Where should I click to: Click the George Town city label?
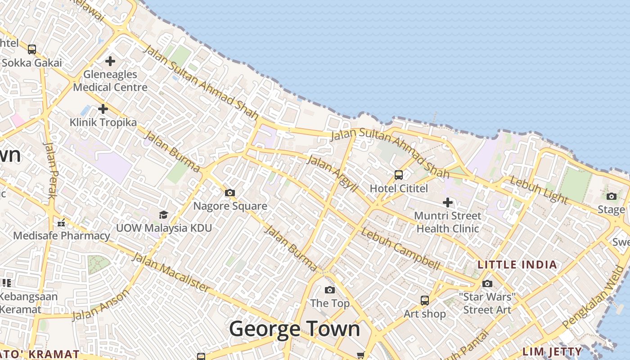click(x=295, y=329)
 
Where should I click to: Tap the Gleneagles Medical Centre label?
click(x=110, y=81)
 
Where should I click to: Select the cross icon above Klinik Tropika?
click(x=103, y=108)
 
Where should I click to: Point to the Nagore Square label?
click(x=230, y=206)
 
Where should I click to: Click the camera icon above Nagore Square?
click(x=230, y=193)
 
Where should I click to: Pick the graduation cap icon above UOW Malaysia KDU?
click(x=163, y=215)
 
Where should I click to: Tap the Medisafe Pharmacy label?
click(x=62, y=235)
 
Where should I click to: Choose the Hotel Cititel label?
click(x=399, y=188)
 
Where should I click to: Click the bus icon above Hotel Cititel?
click(x=399, y=175)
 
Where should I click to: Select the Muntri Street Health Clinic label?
click(x=448, y=222)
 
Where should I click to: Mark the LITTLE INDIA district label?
click(x=517, y=265)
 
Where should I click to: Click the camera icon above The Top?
click(x=330, y=290)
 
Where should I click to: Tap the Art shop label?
click(x=424, y=314)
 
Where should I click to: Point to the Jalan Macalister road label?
click(x=171, y=272)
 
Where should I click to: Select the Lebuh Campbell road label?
click(x=400, y=250)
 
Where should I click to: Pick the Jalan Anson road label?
click(x=101, y=305)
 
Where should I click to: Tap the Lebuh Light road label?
click(x=533, y=189)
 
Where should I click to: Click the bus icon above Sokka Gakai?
click(x=32, y=49)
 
